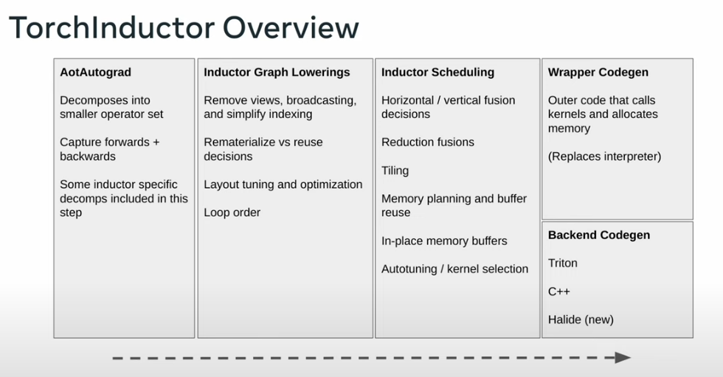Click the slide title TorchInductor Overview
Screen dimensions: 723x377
point(184,27)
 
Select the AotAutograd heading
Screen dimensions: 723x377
point(95,72)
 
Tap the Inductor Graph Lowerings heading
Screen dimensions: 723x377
point(277,72)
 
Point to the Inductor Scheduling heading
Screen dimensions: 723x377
point(437,72)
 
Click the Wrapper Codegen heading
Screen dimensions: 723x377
point(598,72)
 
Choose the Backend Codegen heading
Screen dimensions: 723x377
point(599,235)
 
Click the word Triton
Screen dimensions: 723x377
point(562,263)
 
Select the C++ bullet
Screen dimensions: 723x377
point(559,291)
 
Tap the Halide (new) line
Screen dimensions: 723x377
point(581,319)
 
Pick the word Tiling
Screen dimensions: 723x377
point(395,171)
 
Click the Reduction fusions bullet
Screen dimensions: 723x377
point(427,142)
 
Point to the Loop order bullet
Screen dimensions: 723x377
point(232,212)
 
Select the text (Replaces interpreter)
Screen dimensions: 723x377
point(604,156)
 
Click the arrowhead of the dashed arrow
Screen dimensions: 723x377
point(623,358)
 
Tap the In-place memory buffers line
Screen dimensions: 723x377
point(444,241)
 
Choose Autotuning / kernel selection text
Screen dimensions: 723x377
point(454,269)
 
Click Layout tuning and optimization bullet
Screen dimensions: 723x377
point(283,185)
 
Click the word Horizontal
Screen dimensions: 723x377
point(407,100)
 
